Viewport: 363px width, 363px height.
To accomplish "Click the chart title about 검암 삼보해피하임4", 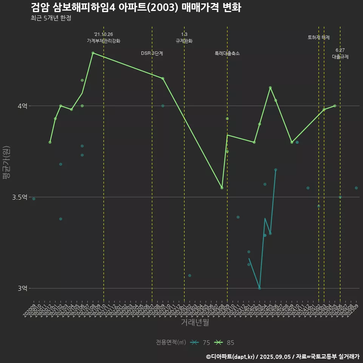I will click(x=136, y=8).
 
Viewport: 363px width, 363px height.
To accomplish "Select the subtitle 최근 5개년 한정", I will click(x=51, y=18).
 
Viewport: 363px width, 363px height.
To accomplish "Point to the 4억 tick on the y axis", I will click(x=22, y=106).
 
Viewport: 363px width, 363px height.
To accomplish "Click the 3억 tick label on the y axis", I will click(x=22, y=289).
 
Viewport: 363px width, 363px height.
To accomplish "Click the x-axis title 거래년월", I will click(x=195, y=323).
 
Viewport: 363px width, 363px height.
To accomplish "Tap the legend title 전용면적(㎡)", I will click(x=171, y=343).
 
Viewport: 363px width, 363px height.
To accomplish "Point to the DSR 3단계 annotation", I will click(x=152, y=54).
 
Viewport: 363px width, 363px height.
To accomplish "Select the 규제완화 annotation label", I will click(x=184, y=41).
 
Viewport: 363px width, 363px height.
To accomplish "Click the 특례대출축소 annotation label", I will click(x=227, y=54).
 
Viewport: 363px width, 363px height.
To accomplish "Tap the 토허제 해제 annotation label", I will click(x=319, y=37).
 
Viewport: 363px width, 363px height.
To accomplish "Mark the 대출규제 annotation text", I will click(x=340, y=57).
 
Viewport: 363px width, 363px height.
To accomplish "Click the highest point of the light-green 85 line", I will click(x=93, y=53).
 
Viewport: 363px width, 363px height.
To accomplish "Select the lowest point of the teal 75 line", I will click(x=259, y=288).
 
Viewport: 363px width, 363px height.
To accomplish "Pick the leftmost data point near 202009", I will click(x=34, y=199).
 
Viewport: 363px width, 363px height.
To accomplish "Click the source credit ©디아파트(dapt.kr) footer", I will click(x=282, y=356).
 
